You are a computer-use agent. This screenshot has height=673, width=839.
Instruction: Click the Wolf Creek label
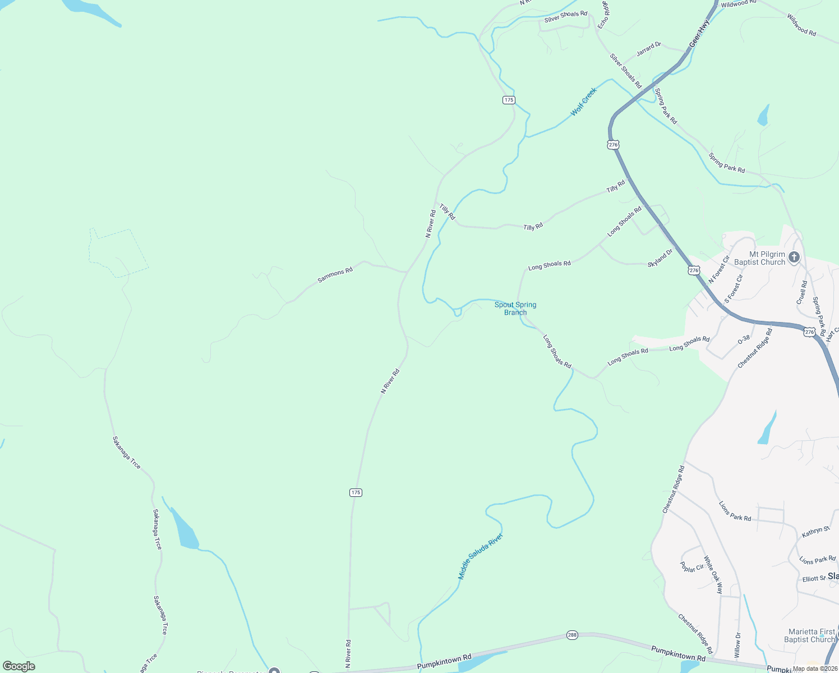[583, 102]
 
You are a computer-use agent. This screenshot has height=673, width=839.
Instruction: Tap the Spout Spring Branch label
[515, 308]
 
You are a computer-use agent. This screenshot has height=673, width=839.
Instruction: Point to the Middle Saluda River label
[480, 556]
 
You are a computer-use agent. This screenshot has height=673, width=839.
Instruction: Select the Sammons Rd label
[335, 275]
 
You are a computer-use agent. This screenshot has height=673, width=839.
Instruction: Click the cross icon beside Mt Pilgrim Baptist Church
[794, 257]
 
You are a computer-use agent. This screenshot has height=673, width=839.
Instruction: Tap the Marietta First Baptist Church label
[811, 635]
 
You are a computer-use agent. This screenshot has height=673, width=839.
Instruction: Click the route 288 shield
[572, 634]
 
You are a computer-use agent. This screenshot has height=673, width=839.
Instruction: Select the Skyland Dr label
[660, 258]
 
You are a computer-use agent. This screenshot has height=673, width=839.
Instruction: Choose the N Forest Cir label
[718, 269]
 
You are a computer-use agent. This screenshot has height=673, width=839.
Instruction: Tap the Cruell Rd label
[802, 292]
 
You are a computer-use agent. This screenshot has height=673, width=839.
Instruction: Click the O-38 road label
[744, 339]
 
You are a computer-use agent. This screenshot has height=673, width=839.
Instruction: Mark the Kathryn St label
[815, 531]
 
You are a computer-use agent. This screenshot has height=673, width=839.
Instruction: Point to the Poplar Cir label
[692, 567]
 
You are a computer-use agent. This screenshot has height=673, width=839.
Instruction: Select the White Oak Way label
[713, 575]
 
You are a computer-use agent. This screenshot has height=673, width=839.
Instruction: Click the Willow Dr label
[737, 644]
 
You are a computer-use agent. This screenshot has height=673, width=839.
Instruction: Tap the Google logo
[19, 666]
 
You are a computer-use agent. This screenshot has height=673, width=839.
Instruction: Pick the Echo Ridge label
[603, 14]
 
